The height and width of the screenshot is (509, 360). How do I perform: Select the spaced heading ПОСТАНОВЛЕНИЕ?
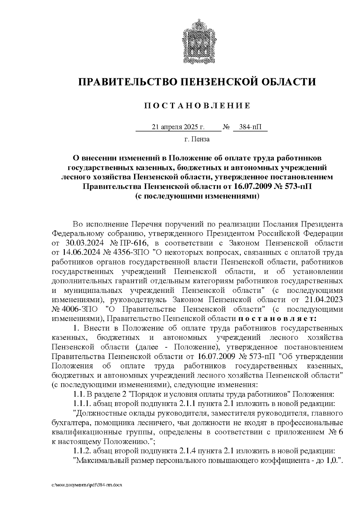coord(197,106)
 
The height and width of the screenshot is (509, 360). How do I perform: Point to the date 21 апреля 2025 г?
coord(178,127)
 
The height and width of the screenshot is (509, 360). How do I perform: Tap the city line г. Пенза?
coord(197,139)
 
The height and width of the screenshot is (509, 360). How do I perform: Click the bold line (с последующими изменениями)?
coord(197,196)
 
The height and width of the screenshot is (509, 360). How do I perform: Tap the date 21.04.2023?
coord(321,299)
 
